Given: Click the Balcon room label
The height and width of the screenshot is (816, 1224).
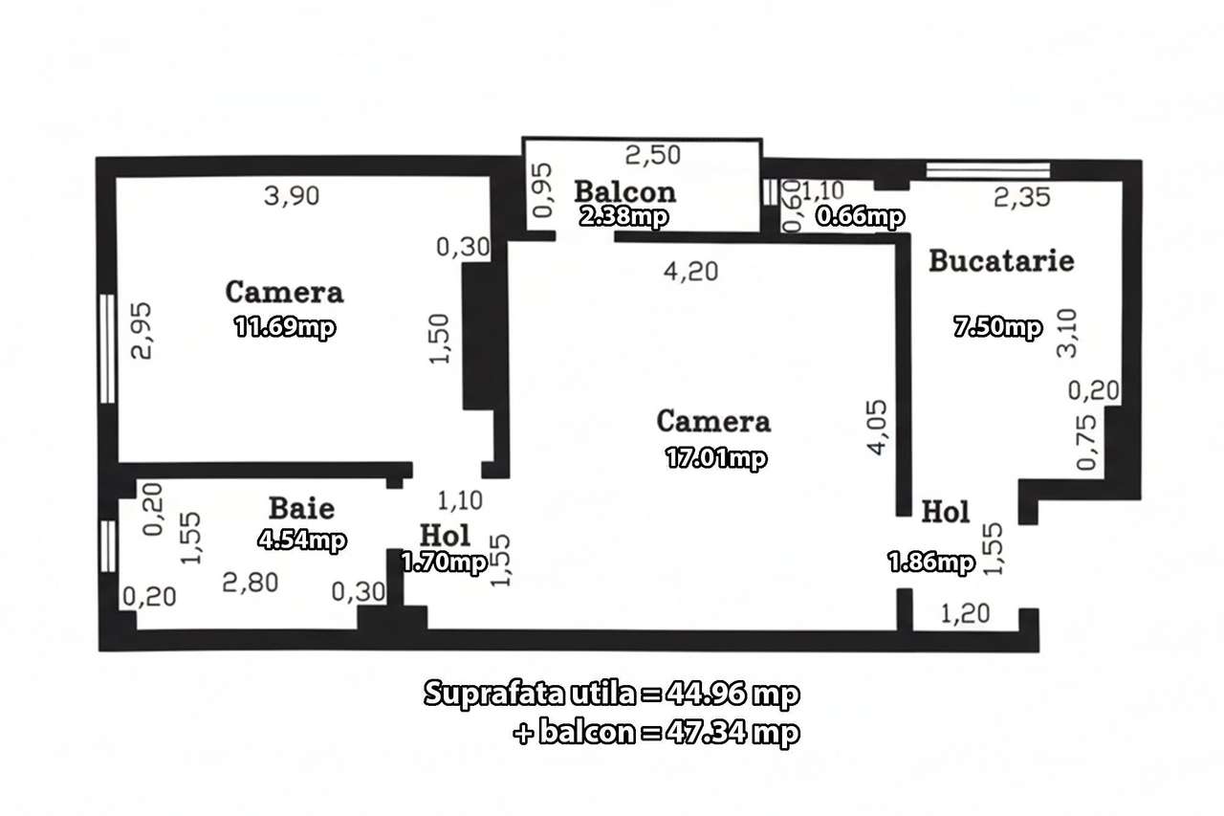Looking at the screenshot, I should click(x=625, y=191).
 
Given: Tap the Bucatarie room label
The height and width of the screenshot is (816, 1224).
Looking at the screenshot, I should click(x=1001, y=260).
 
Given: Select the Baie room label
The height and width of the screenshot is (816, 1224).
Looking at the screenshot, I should click(x=301, y=507).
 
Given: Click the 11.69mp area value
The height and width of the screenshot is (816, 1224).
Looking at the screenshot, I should click(x=285, y=328).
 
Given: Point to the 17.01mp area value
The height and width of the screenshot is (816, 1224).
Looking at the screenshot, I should click(x=715, y=458).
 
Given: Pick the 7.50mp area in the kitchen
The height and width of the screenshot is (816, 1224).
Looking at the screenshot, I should click(x=996, y=328).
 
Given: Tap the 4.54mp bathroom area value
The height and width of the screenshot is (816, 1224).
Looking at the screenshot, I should click(x=301, y=540).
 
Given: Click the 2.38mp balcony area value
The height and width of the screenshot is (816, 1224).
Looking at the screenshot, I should click(x=623, y=216).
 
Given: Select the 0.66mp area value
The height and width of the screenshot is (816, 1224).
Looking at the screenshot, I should click(x=859, y=217).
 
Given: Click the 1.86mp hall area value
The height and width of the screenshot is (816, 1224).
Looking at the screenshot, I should click(x=931, y=563).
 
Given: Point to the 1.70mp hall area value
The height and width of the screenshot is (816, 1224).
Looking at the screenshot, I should click(x=444, y=562).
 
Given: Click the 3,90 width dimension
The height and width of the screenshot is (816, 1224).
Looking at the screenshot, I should click(x=292, y=196).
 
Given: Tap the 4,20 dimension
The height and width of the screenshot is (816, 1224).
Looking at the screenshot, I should click(x=690, y=272).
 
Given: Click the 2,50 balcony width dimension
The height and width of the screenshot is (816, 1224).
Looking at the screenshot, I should click(x=653, y=154).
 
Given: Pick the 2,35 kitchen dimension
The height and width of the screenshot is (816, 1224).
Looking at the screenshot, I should click(x=1022, y=198).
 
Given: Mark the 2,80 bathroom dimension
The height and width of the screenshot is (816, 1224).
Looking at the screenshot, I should click(x=250, y=582).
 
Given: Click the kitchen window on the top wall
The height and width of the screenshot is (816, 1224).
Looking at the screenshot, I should click(x=988, y=171).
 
